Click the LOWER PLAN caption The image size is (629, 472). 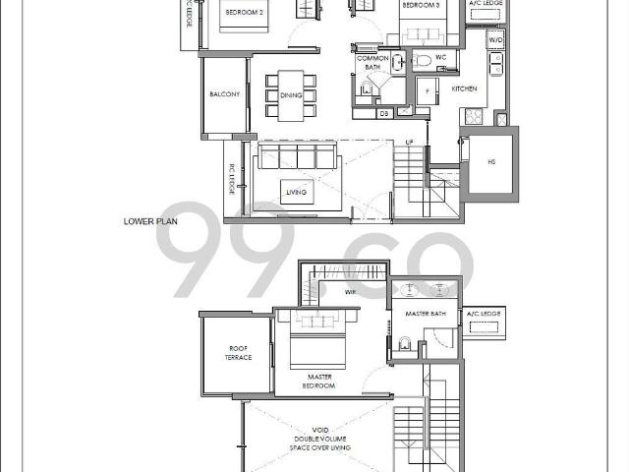[x=150, y=221]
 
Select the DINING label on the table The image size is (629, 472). [x=291, y=95]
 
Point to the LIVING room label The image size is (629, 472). [x=295, y=192]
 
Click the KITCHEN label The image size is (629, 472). [x=464, y=88]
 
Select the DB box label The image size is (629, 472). [x=384, y=114]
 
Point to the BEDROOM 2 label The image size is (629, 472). [x=241, y=13]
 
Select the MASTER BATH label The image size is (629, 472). [x=426, y=314]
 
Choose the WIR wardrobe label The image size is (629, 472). [x=349, y=292]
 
